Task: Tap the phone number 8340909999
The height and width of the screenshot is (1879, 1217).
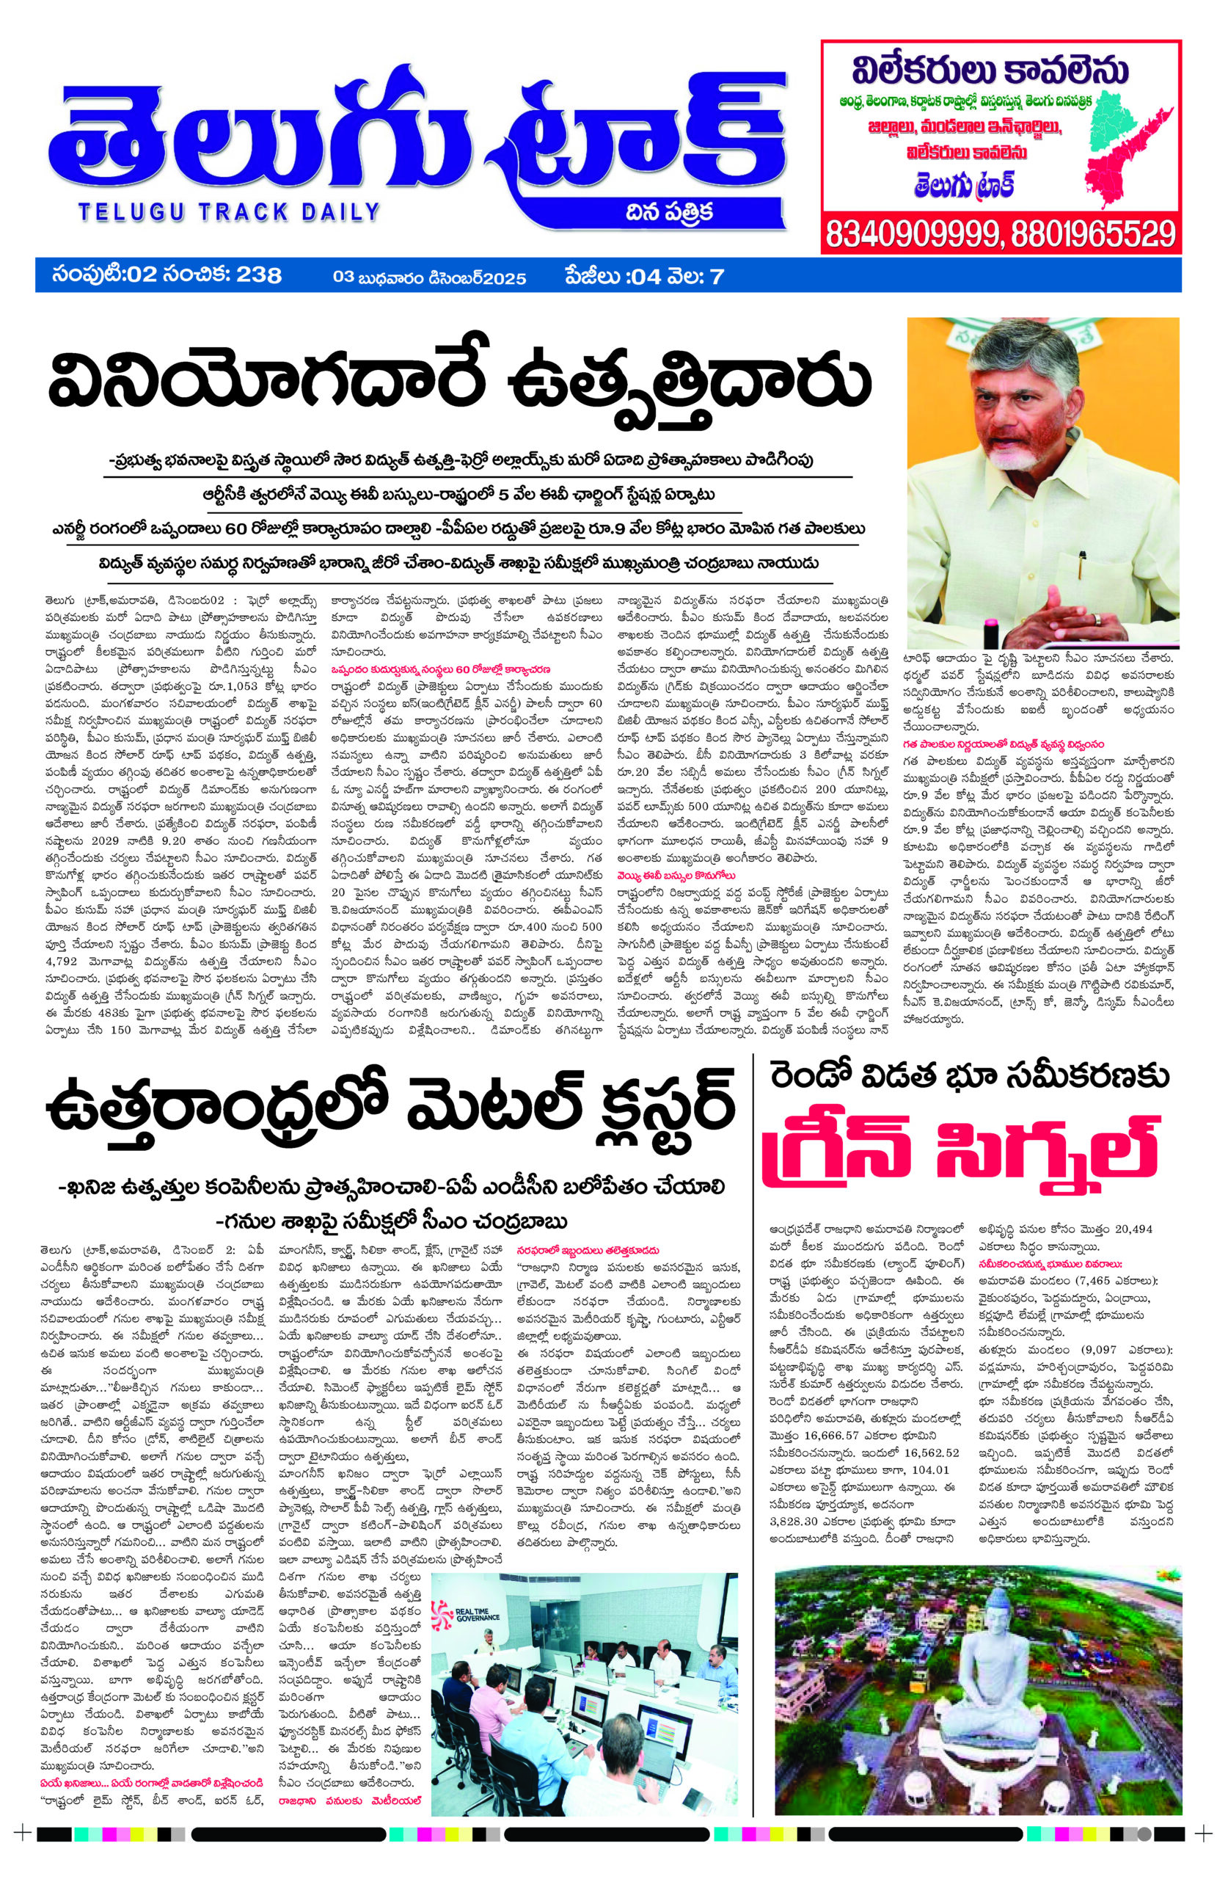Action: coord(912,233)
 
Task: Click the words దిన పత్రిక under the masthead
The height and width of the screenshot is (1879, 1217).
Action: coord(669,211)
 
